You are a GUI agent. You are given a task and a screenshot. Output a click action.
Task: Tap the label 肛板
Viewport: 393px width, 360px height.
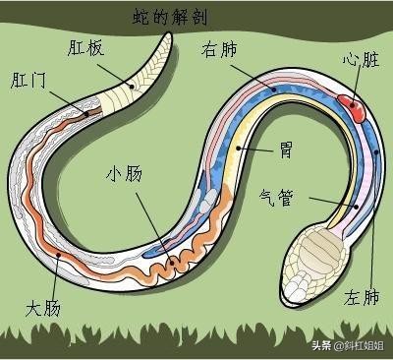(x=88, y=46)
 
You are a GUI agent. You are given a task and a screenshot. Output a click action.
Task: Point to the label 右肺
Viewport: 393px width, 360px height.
(x=220, y=50)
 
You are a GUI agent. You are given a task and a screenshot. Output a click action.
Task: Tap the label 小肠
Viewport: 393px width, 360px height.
(x=125, y=175)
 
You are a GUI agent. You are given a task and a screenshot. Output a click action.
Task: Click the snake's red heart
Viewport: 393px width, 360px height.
(x=354, y=105)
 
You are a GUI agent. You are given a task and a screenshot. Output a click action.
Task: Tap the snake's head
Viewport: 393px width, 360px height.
(x=312, y=260)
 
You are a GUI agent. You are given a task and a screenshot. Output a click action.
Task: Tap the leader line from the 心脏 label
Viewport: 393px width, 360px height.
(x=358, y=85)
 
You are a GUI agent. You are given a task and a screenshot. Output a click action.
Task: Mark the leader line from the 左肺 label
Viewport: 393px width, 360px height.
(x=372, y=226)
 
